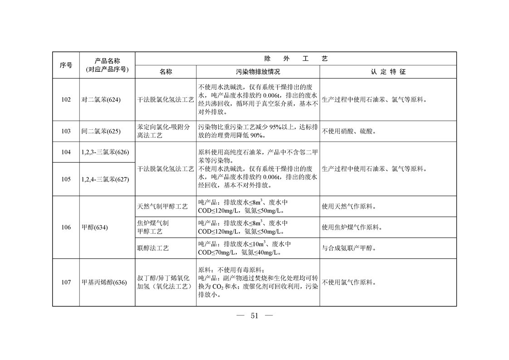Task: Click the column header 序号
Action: (x=66, y=65)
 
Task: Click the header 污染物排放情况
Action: (x=258, y=72)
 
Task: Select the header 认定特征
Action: (x=388, y=72)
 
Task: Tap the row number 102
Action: (x=66, y=100)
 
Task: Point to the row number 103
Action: (x=66, y=131)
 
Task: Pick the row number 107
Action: (x=66, y=282)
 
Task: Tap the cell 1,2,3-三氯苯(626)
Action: (x=105, y=153)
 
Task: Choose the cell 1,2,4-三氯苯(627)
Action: (x=105, y=179)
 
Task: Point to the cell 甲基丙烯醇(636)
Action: (x=104, y=282)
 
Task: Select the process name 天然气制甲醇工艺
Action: (x=162, y=207)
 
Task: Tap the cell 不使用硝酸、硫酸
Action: (x=349, y=131)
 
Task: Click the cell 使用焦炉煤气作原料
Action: (x=352, y=227)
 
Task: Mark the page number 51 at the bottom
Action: (x=254, y=316)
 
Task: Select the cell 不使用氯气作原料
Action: (x=349, y=282)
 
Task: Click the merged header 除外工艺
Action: (x=296, y=59)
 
